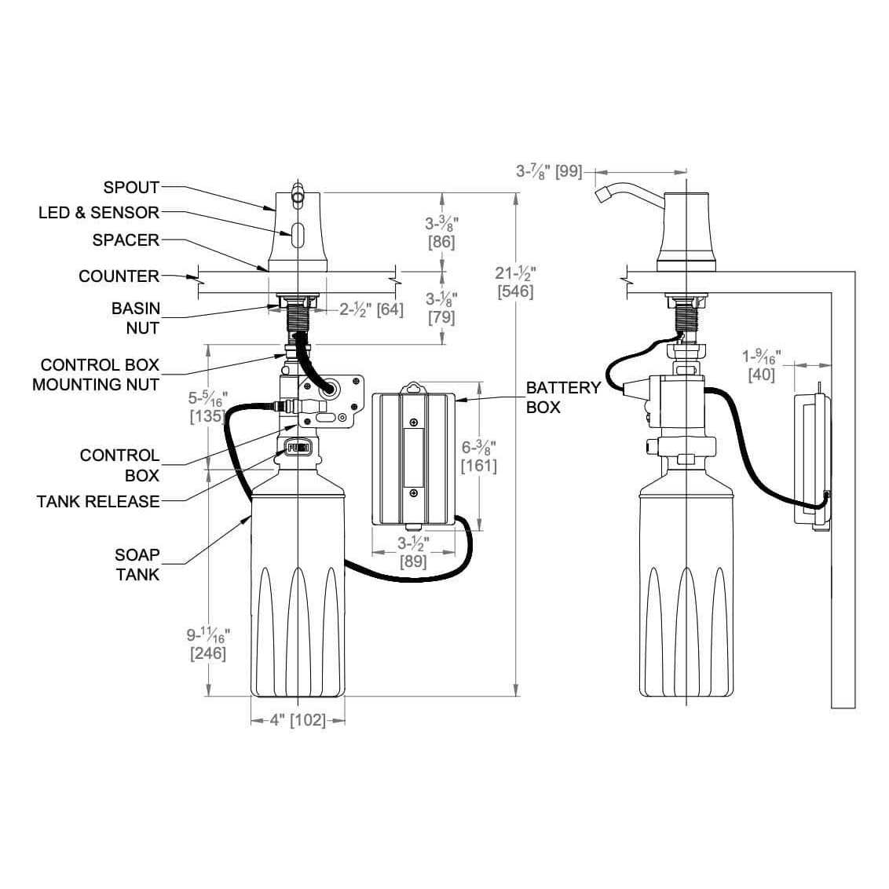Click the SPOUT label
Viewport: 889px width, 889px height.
(131, 188)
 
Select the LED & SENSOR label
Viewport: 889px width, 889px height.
(99, 213)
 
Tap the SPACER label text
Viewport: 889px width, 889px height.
(126, 240)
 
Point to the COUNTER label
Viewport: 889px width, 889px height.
(119, 276)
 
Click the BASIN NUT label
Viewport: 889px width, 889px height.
(136, 318)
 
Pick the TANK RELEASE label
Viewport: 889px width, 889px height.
(98, 501)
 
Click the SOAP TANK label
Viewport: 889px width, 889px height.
(137, 565)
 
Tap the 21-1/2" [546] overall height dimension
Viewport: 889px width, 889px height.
(515, 281)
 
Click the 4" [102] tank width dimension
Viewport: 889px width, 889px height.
(298, 720)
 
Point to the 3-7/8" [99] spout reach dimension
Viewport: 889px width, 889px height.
(549, 170)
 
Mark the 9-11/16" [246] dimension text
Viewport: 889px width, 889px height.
(208, 642)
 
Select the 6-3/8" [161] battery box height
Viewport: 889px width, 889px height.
(479, 456)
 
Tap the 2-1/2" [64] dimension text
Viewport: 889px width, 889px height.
(371, 309)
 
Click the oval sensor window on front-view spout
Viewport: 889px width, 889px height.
(298, 233)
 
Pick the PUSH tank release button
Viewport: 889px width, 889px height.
(298, 448)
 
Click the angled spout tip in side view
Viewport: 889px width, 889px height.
(604, 194)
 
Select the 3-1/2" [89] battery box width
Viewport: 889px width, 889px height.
(412, 551)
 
